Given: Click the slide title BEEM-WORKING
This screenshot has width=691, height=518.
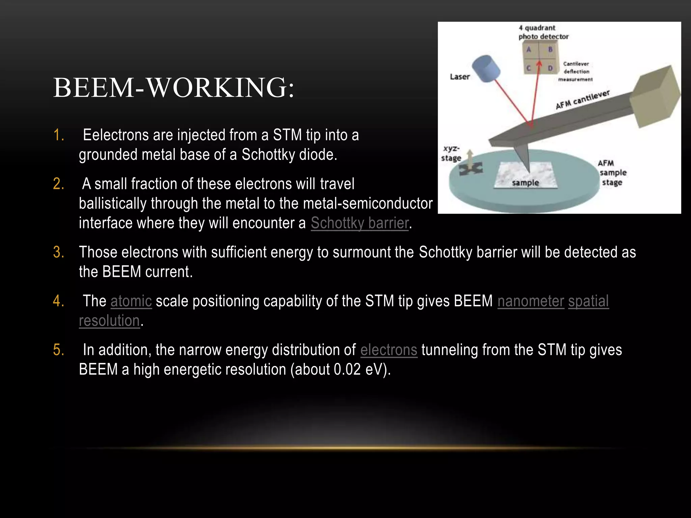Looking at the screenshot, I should click(x=174, y=88).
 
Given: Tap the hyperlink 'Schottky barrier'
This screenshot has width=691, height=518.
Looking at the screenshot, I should click(x=360, y=223).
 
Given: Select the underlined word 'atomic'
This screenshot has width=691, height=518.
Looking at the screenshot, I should click(x=131, y=301).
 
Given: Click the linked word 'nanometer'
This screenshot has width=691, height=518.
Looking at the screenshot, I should click(x=531, y=301).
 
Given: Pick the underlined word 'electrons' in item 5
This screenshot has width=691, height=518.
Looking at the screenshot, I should click(x=389, y=350).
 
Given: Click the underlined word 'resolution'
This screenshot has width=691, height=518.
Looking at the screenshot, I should click(x=109, y=321).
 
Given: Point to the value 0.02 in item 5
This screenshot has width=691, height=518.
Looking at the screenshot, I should click(x=347, y=370).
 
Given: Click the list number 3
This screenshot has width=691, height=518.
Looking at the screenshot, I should click(x=58, y=252).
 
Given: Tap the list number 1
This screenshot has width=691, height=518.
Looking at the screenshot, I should click(x=58, y=135).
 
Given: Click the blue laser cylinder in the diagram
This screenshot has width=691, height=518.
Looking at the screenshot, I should click(x=486, y=69).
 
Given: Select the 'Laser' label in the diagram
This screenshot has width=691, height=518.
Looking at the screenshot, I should click(x=460, y=77).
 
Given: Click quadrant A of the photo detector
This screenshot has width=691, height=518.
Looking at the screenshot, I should click(x=529, y=50).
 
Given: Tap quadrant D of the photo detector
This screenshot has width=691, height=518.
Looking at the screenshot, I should click(x=550, y=68).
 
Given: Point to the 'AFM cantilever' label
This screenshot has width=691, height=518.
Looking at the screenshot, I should click(x=582, y=100).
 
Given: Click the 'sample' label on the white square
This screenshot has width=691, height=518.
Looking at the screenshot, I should click(x=525, y=183).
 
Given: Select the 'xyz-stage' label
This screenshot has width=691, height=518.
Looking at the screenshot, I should click(x=451, y=153).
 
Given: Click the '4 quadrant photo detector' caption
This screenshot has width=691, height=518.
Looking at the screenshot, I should click(x=543, y=32).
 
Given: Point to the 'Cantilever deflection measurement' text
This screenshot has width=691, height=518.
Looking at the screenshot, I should click(x=576, y=71).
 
